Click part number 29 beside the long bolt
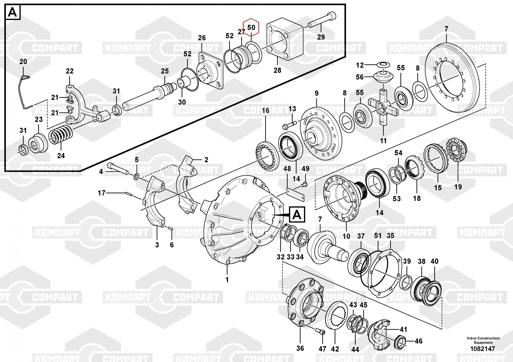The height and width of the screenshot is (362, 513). tap(321, 37)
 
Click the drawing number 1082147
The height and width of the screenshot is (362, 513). tap(482, 349)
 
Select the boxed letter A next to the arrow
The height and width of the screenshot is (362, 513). tap(297, 214)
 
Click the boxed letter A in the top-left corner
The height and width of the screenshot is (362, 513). tap(12, 12)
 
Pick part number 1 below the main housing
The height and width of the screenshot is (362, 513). tap(227, 280)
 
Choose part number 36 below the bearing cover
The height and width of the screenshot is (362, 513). tap(300, 348)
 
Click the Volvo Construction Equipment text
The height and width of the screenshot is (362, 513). tap(483, 340)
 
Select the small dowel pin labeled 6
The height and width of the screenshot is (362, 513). tap(171, 228)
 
